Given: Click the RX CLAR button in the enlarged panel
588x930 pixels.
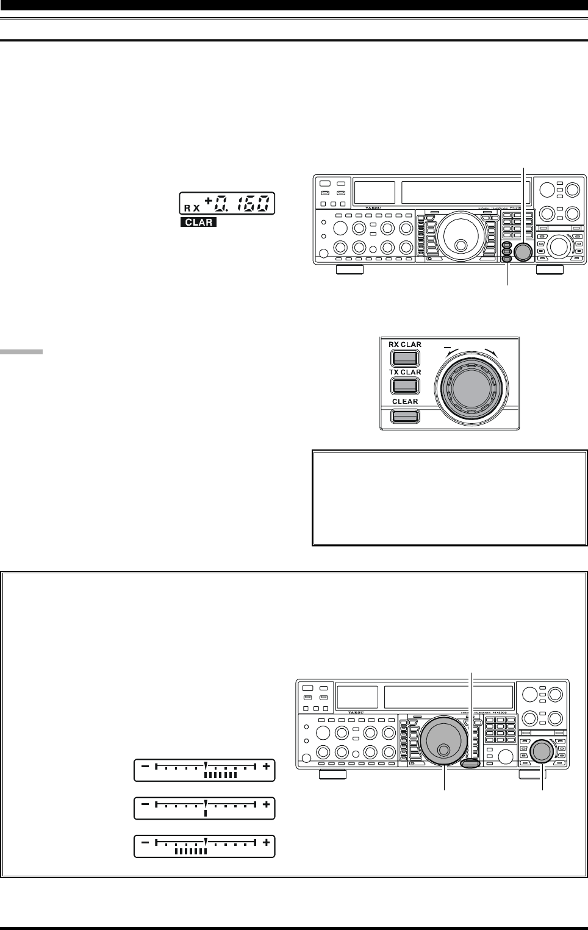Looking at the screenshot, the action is coord(405,358).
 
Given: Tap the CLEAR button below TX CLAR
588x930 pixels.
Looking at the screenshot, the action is coord(405,417).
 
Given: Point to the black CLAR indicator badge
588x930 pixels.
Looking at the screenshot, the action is coord(199,222).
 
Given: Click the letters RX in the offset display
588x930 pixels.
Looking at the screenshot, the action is coord(192,207).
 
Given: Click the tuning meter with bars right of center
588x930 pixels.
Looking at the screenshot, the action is coord(204,770).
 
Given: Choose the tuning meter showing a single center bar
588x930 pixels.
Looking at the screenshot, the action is coord(204,808).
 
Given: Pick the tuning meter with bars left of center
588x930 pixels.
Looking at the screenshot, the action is coord(204,846).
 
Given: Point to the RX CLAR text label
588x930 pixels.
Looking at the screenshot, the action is coord(405,345).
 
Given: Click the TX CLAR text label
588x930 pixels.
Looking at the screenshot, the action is coord(405,372).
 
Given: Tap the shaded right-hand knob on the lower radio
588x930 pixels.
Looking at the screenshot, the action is coord(542,751).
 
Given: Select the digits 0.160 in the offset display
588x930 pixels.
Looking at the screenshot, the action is coord(242,204).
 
